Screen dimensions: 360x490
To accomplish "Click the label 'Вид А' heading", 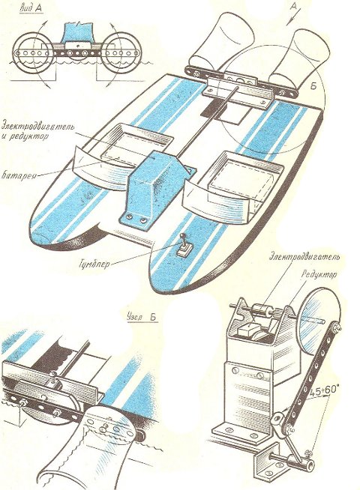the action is pos(31,8).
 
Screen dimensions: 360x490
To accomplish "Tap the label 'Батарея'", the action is pos(19,175).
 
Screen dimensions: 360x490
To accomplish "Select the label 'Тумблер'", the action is pos(94,264).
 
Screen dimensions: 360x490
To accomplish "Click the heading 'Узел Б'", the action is pos(142,317).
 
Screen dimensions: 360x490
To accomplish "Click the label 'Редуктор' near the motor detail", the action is pos(319,275).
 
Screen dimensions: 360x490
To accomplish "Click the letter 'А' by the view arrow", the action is pos(294,7).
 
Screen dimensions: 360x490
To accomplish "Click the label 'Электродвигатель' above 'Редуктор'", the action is pos(304,258).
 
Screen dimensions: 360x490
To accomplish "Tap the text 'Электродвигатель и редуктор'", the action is pos(37,132).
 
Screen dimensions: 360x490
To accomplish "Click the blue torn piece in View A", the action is pos(79,32).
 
